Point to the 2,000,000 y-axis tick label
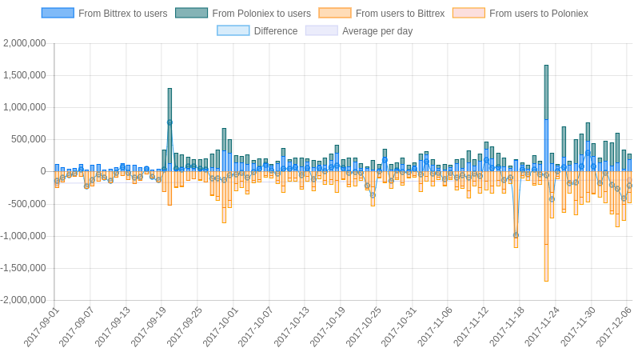point(25,43)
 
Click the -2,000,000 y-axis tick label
point(23,300)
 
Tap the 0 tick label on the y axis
point(43,171)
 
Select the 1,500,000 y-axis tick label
point(25,75)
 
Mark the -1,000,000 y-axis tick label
point(23,236)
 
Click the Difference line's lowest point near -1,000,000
point(516,235)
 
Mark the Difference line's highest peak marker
point(169,122)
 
